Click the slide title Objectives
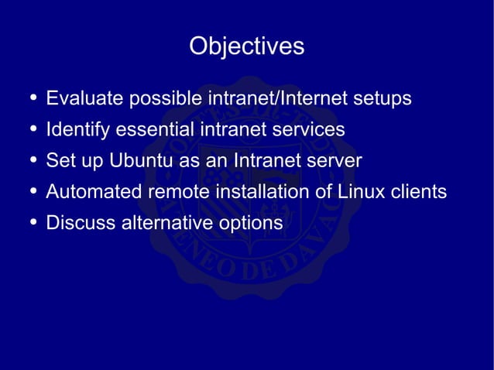coord(246,46)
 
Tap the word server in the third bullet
coord(336,161)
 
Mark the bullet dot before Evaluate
coord(31,99)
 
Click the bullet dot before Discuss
coord(31,223)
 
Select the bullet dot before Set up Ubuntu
coord(31,161)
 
